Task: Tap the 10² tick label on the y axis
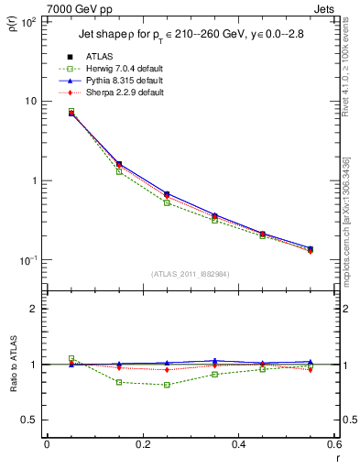coord(27,22)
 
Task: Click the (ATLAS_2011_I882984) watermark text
coord(191,275)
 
